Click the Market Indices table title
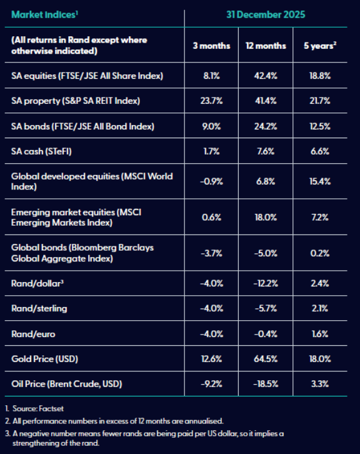(44, 14)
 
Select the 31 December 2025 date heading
(266, 14)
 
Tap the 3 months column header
(211, 46)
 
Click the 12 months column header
(266, 46)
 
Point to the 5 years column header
(320, 46)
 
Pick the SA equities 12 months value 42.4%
(266, 76)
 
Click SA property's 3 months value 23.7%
(211, 101)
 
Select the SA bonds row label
(82, 126)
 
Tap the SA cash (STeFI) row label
(41, 151)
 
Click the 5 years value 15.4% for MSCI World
(320, 181)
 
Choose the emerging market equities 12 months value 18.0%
(266, 218)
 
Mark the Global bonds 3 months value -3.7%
(211, 254)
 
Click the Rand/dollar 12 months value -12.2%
(266, 283)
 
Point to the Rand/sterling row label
(39, 308)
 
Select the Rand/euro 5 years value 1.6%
(320, 334)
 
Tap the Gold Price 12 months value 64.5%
(266, 359)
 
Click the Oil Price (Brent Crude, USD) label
(66, 384)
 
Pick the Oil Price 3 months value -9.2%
(211, 384)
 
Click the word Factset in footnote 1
(51, 408)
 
